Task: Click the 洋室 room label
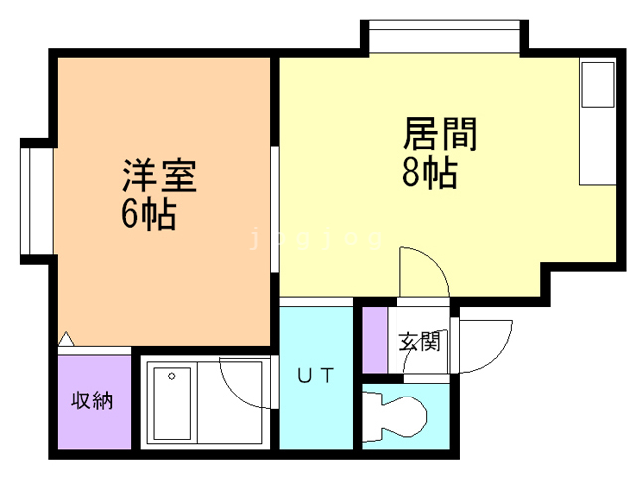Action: [x=159, y=177]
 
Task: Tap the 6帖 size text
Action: [x=149, y=213]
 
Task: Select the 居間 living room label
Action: [x=439, y=134]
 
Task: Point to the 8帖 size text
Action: [x=429, y=173]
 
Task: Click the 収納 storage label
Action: [x=91, y=400]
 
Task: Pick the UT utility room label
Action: [x=316, y=375]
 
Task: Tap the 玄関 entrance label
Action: [x=419, y=343]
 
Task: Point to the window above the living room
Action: [x=444, y=37]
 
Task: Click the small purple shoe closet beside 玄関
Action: [x=374, y=339]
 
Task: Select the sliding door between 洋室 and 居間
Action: [x=275, y=199]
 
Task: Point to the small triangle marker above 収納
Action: [x=65, y=339]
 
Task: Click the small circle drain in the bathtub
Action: [x=173, y=376]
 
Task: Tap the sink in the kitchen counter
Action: [x=598, y=85]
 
